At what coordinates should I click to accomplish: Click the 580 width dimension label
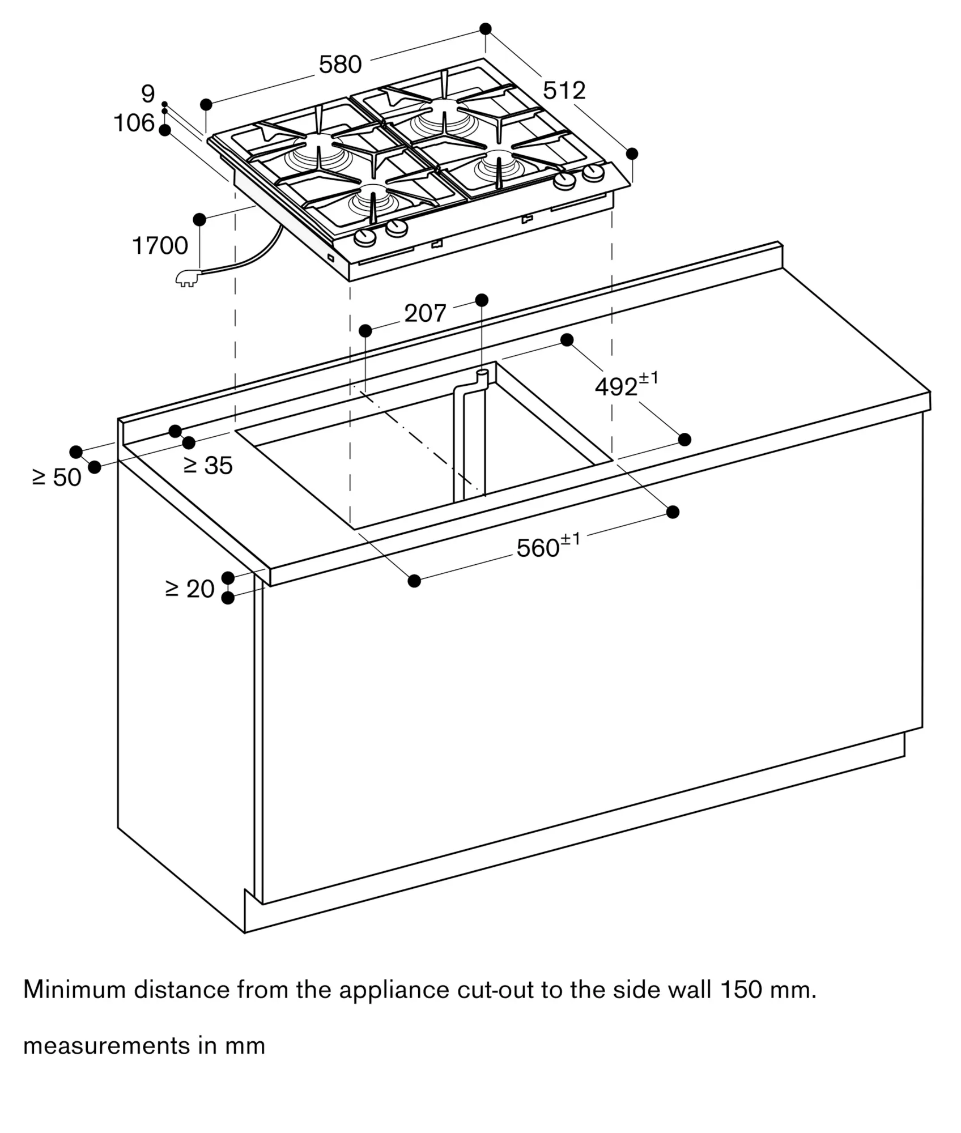click(x=340, y=65)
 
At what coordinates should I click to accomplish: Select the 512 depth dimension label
click(x=564, y=91)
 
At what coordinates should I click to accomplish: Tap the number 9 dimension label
click(x=148, y=94)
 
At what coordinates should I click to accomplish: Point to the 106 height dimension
click(x=134, y=123)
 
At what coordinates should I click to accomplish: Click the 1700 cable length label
click(x=160, y=246)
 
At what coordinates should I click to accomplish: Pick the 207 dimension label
click(x=425, y=313)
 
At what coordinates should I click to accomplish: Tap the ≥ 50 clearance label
click(x=57, y=478)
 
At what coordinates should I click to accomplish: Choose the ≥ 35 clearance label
click(x=209, y=466)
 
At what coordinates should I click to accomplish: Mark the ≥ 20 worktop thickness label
click(x=190, y=589)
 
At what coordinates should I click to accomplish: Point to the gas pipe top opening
click(x=482, y=372)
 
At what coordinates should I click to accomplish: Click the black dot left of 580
click(x=206, y=104)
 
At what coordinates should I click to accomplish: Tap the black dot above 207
click(x=482, y=300)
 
